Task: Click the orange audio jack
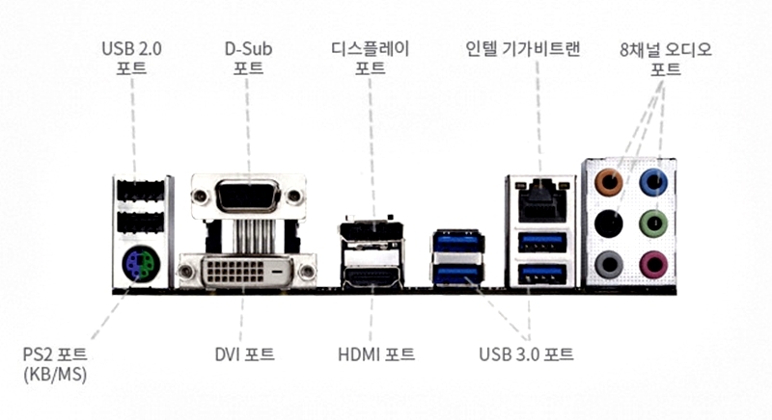(608, 180)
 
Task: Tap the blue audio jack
(654, 180)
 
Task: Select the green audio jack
(654, 223)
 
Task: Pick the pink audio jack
(654, 261)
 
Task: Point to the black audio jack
(608, 223)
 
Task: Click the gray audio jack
(608, 262)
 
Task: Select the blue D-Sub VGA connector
(247, 198)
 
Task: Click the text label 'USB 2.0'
(133, 47)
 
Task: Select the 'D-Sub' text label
(247, 47)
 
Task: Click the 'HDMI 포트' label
(376, 354)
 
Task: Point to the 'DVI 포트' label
(244, 354)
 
